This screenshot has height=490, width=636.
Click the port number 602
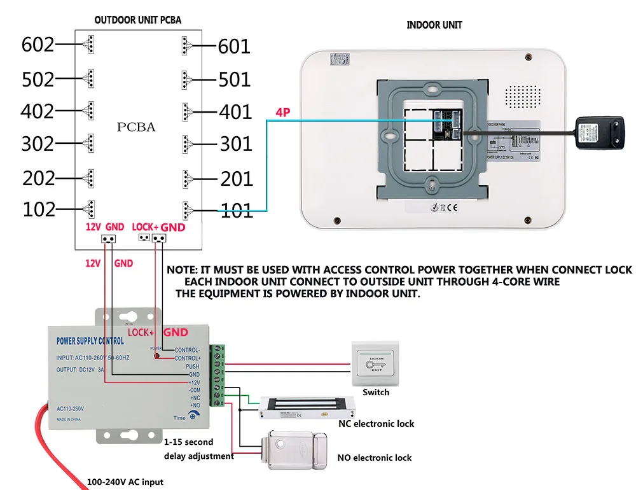coord(38,45)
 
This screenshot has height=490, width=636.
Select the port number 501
coord(234,80)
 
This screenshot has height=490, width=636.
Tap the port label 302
coord(38,144)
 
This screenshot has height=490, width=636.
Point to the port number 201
coord(237,179)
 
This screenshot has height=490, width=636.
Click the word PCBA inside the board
coord(136,127)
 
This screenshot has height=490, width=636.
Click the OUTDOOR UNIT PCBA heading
coord(137,20)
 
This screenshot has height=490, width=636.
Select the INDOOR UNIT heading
coord(434,25)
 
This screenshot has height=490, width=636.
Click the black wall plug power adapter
coord(598,132)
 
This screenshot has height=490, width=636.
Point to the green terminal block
coord(219,375)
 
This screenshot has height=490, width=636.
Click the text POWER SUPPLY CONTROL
coord(90,341)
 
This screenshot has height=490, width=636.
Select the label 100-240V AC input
coord(125,482)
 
